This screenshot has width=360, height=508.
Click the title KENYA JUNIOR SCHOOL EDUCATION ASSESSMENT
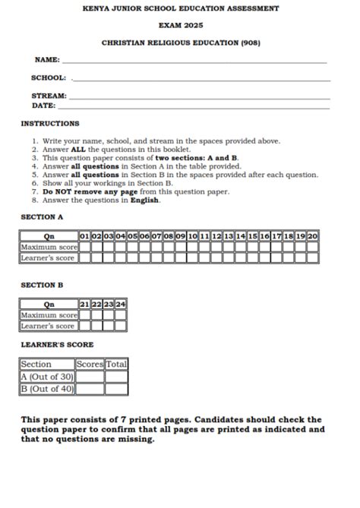tap(180, 8)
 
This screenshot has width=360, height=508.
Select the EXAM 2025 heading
tap(180, 25)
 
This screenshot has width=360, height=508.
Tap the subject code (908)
tap(250, 43)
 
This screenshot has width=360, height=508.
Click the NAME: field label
tap(47, 59)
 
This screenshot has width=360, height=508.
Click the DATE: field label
tap(43, 106)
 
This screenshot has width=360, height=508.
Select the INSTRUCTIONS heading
tap(49, 123)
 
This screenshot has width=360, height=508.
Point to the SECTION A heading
tap(42, 217)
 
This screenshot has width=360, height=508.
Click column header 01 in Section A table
tap(85, 236)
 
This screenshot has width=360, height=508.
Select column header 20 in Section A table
tap(312, 236)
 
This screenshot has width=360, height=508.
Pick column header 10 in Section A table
tap(193, 236)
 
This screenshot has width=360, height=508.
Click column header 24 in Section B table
tap(120, 304)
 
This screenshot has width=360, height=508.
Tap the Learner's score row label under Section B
tap(49, 326)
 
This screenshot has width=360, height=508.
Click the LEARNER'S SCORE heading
tap(57, 344)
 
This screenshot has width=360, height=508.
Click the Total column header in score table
tap(116, 364)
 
